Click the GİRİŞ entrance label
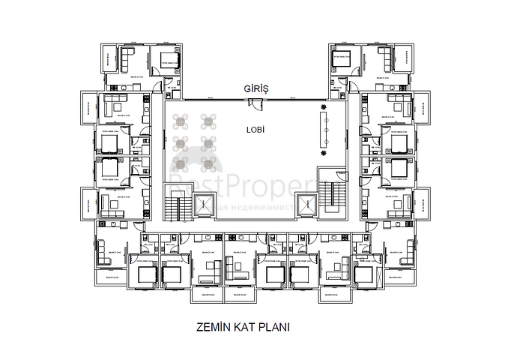pos(255,88)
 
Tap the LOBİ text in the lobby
pos(256,129)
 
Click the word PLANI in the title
pos(273,327)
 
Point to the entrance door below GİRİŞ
pos(255,100)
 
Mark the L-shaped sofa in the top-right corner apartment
pos(383,59)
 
